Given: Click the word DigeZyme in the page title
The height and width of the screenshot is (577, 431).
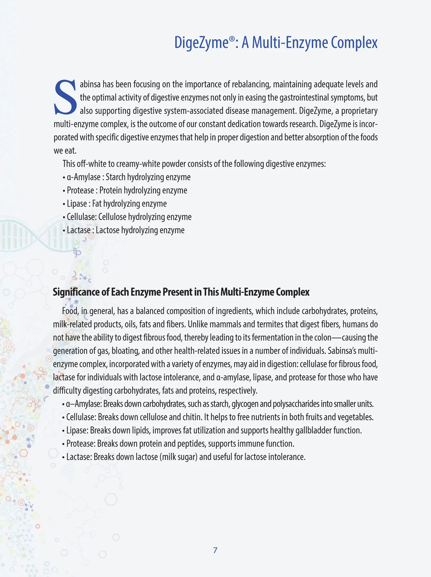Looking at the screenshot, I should click(x=201, y=42).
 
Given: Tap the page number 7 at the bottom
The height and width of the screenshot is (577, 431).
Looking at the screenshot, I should click(x=215, y=550).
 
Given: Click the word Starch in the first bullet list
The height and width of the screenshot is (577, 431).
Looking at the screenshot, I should click(x=116, y=177).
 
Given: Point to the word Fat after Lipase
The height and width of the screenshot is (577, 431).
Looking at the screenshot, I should click(x=97, y=204).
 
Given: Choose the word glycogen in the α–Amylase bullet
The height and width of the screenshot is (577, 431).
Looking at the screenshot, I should click(x=245, y=404).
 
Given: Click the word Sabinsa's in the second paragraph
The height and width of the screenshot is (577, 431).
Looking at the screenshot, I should click(x=342, y=351).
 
